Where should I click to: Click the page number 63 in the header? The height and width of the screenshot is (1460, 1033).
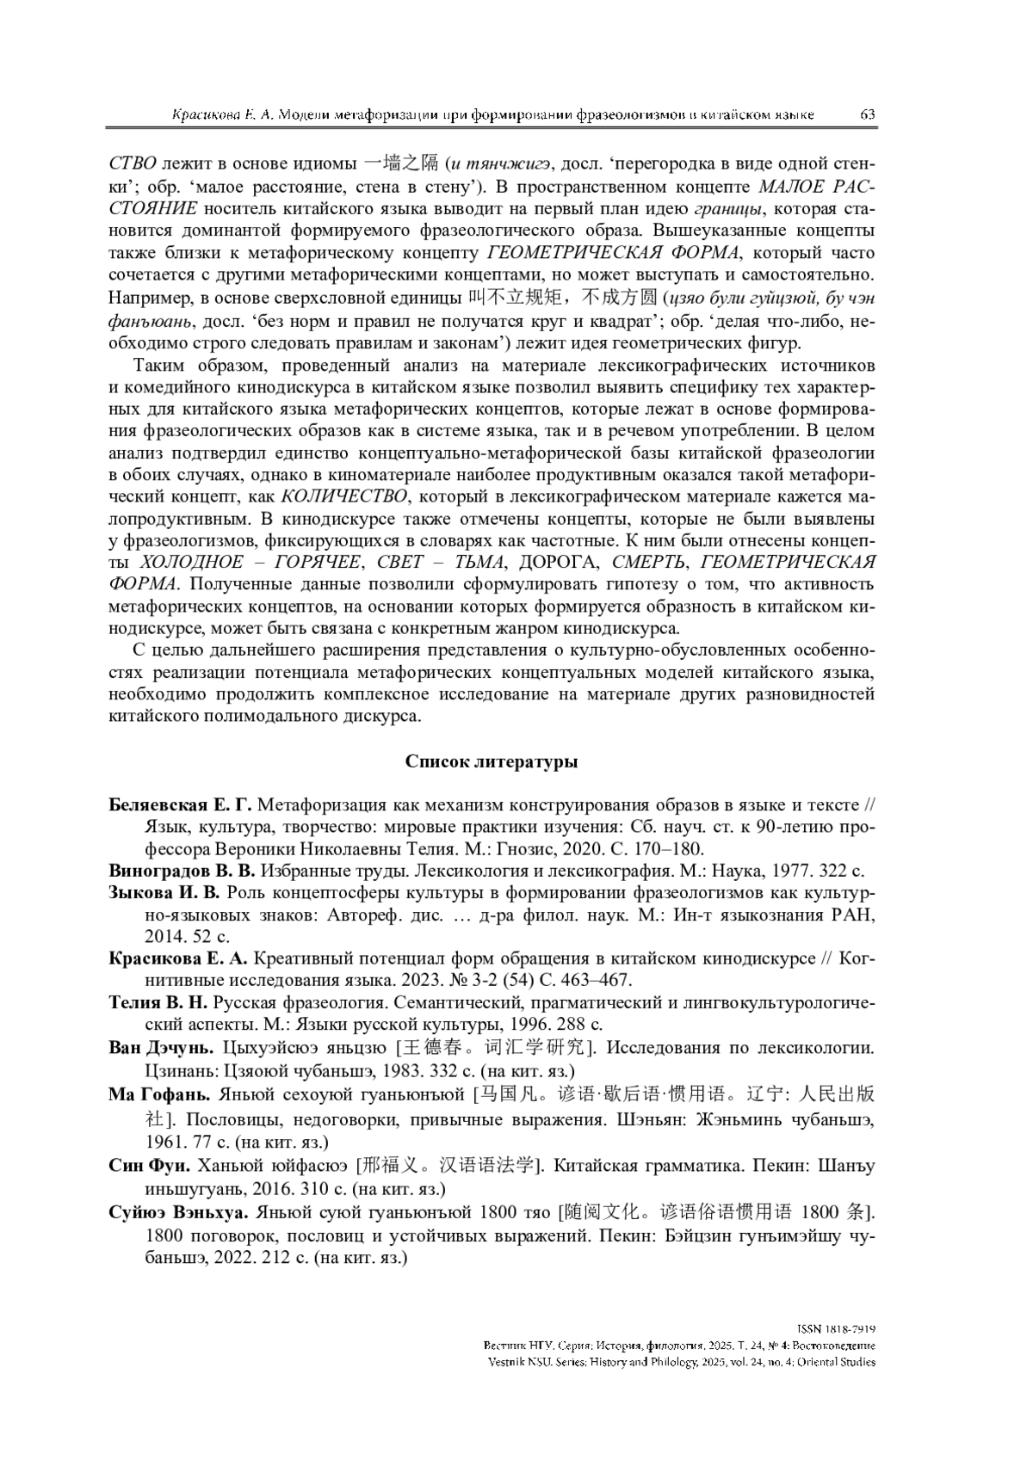[867, 114]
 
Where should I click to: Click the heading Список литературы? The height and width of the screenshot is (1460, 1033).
[492, 761]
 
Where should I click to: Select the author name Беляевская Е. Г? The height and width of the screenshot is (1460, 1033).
[180, 805]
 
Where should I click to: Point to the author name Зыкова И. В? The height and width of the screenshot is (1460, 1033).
[165, 892]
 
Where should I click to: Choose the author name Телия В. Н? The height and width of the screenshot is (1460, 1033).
[158, 1002]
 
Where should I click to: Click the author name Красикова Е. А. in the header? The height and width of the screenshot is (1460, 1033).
[222, 115]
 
